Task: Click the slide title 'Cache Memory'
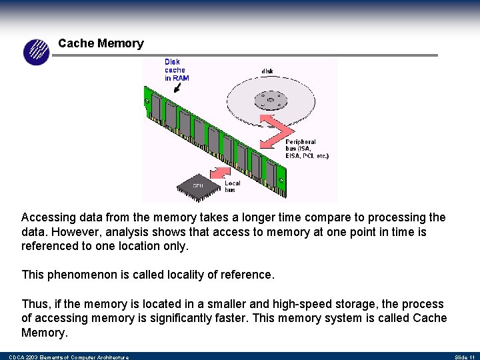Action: tap(101, 43)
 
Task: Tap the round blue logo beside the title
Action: tap(37, 52)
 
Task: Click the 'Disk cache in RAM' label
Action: tap(177, 70)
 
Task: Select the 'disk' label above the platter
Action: tap(267, 71)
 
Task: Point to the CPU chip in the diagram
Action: tap(198, 184)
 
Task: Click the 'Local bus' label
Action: tap(232, 186)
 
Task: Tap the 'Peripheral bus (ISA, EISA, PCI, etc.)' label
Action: tap(307, 149)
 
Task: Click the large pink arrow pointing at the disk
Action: tap(273, 128)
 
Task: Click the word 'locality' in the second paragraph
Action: tap(181, 275)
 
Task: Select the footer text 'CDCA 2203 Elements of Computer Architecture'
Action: tap(69, 357)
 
